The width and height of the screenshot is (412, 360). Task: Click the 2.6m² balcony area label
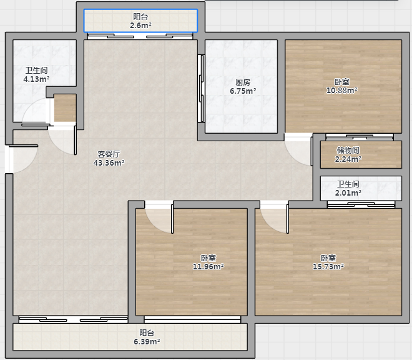140,21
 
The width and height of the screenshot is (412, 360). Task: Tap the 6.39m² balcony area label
147,337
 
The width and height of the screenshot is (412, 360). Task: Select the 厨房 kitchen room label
243,82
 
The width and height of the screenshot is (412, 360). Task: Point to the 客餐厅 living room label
109,154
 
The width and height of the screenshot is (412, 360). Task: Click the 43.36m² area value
109,163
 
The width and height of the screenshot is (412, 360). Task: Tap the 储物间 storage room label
348,150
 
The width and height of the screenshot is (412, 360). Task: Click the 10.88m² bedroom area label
342,90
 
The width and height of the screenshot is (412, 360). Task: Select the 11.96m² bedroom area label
208,267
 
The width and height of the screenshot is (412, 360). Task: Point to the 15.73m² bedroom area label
328,267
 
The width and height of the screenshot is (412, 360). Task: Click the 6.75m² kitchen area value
243,91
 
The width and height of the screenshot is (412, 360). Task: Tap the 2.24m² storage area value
348,159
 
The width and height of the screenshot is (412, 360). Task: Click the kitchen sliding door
201,88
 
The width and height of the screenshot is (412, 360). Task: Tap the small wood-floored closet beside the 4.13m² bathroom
65,108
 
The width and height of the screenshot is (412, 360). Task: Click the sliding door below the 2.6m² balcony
140,36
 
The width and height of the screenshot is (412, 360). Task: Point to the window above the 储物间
360,137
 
